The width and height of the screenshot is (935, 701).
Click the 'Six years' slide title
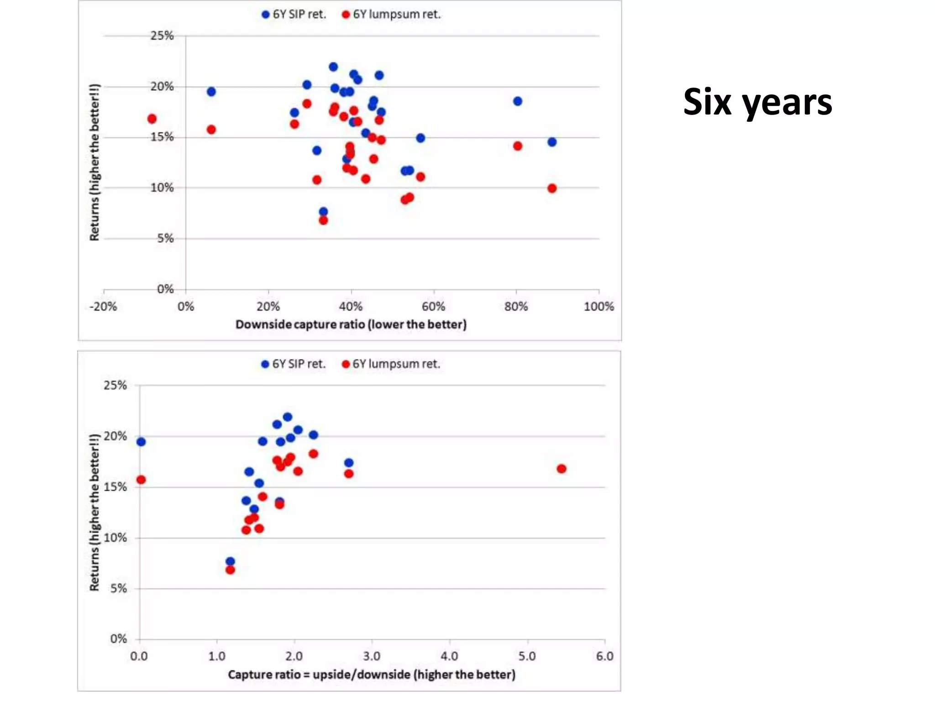point(757,102)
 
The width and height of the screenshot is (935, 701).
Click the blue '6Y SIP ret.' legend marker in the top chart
point(265,15)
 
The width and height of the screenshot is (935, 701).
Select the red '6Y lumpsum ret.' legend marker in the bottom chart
point(346,364)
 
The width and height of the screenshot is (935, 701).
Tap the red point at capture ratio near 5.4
point(562,469)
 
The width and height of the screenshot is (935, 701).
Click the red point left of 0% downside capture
point(152,119)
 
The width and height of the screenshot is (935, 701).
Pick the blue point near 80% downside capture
point(517,101)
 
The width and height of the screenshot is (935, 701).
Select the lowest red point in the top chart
point(323,220)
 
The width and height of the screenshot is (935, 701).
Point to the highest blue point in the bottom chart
point(288,417)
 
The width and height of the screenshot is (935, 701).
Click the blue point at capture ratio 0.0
point(141,442)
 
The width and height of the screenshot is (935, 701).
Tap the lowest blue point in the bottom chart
point(230,561)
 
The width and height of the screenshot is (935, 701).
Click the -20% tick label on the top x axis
point(103,307)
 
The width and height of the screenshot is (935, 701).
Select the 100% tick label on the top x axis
point(599,307)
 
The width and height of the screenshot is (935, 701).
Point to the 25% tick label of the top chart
point(162,36)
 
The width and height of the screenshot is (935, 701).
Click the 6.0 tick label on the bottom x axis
point(604,656)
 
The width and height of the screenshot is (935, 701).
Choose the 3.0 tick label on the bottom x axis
point(372,656)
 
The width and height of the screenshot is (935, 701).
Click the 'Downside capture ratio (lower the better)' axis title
point(351,324)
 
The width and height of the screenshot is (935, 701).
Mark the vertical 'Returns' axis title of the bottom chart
point(95,512)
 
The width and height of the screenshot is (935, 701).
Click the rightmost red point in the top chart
point(552,188)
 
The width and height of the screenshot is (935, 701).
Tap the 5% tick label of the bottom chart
point(118,588)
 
